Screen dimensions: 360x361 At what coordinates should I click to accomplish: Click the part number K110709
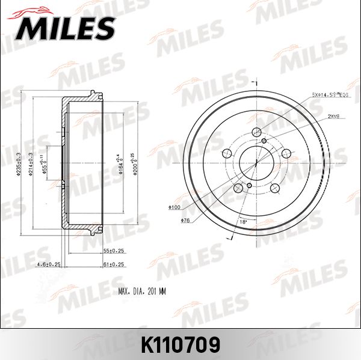click(x=180, y=344)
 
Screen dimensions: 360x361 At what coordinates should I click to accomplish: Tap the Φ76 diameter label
click(x=185, y=220)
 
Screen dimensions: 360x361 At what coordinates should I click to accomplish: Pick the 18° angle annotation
click(x=244, y=222)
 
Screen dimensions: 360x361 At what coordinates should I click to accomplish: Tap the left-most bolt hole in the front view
click(x=227, y=153)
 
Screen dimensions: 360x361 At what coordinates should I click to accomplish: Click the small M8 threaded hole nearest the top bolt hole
click(x=264, y=141)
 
